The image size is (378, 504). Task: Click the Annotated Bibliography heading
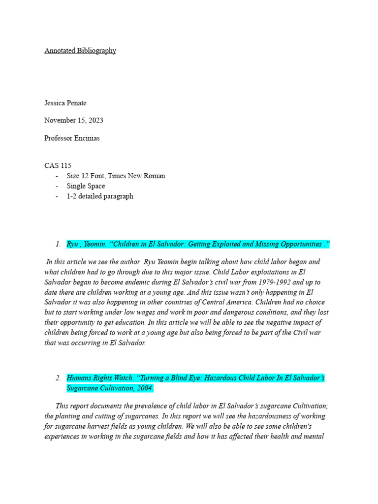(x=80, y=51)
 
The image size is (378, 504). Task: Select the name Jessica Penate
(x=65, y=103)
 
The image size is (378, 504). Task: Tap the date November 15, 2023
(x=74, y=121)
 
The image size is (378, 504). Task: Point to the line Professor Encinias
(x=72, y=138)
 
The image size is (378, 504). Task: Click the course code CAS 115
(x=58, y=166)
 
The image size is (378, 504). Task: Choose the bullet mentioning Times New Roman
(x=116, y=176)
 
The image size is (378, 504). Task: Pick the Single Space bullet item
(x=86, y=186)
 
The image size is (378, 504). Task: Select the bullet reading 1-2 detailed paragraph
(x=99, y=196)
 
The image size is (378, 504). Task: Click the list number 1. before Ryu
(x=58, y=244)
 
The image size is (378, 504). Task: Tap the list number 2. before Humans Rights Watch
(x=58, y=378)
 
